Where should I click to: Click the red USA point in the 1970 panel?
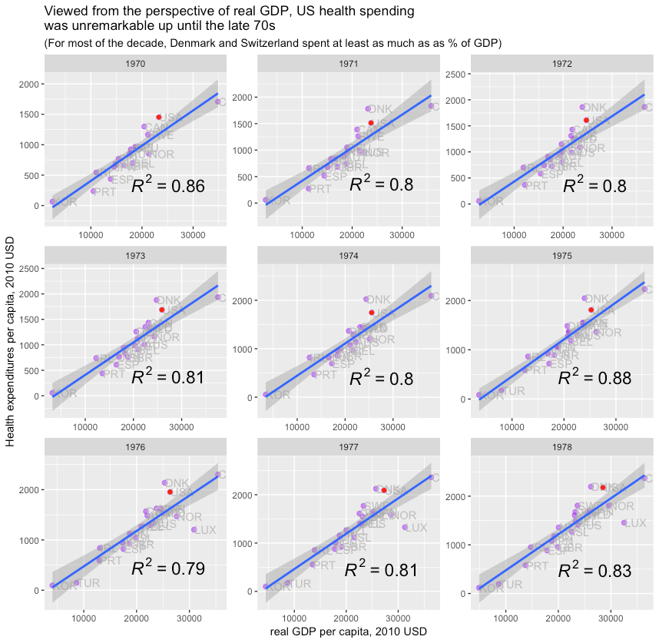pos(159,117)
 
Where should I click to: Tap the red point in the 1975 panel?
pos(591,310)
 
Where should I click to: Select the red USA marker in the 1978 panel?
pos(603,488)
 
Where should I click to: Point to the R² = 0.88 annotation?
pos(594,377)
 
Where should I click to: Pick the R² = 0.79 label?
pos(167,568)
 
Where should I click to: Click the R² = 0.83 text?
pos(594,571)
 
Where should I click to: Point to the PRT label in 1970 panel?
pos(104,192)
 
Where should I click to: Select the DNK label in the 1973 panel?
pos(171,300)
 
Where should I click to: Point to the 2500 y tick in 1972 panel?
pos(452,74)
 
